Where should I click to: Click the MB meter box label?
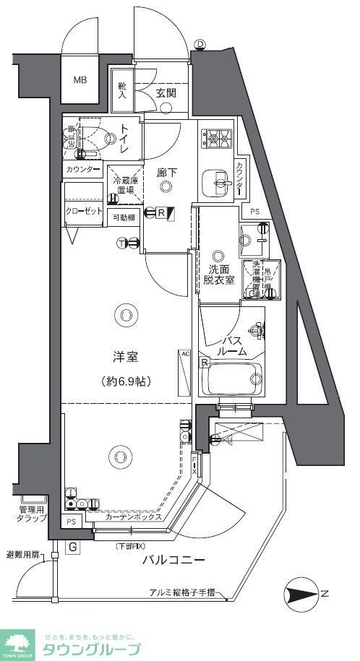pyautogui.click(x=79, y=79)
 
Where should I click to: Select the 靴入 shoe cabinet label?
pyautogui.click(x=122, y=90)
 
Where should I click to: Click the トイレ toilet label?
pyautogui.click(x=124, y=139)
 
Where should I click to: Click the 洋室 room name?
pyautogui.click(x=125, y=357)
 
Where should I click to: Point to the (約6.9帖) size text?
pyautogui.click(x=126, y=381)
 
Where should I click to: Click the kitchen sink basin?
pyautogui.click(x=215, y=181)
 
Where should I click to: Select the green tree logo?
pyautogui.click(x=18, y=639)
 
